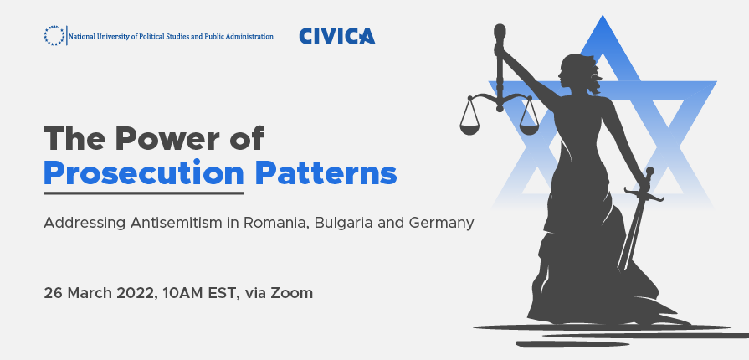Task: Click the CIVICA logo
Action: coord(337,36)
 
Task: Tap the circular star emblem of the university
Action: coord(54,36)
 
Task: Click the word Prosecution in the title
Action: coord(144,174)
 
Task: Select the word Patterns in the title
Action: coord(326,173)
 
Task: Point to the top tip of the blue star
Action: coord(603,15)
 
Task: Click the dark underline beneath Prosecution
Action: coord(144,193)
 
